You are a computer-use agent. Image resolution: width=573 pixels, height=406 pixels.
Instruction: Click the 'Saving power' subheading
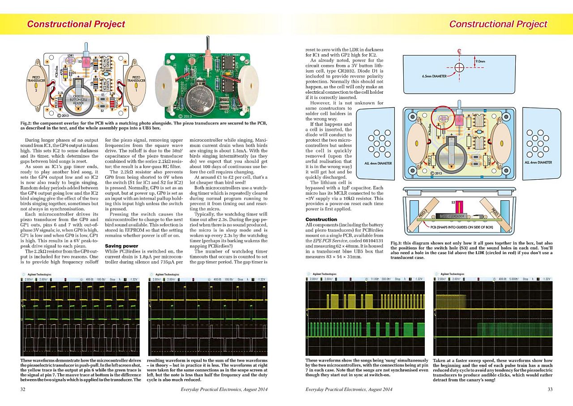(x=121, y=246)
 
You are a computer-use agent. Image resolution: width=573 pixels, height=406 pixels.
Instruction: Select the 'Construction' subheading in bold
(x=321, y=219)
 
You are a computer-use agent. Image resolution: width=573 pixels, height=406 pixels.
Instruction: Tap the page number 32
(x=23, y=389)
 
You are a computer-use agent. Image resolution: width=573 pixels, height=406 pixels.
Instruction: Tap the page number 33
(x=550, y=389)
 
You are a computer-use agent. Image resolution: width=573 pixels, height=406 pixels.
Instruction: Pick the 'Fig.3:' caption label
(x=398, y=243)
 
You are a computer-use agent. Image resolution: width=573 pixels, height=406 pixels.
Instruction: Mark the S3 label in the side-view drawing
(x=454, y=203)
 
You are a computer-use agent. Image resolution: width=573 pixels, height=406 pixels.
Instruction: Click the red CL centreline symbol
(x=459, y=52)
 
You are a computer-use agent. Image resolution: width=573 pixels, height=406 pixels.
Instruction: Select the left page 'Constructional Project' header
(x=76, y=24)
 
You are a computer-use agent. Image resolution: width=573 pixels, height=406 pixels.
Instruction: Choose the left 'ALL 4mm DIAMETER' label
(x=378, y=163)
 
